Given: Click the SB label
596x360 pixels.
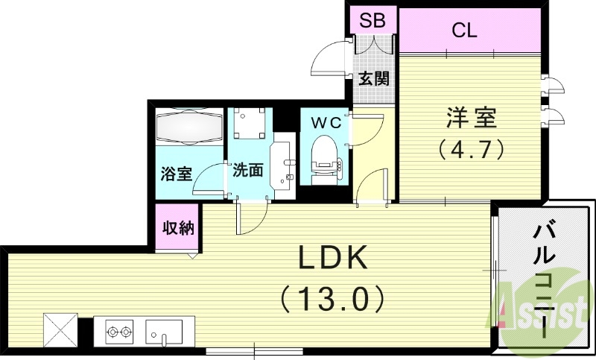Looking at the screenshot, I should pyautogui.click(x=372, y=20).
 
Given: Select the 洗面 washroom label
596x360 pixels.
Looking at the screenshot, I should pyautogui.click(x=247, y=171).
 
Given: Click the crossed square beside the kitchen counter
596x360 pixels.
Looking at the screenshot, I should pyautogui.click(x=60, y=329).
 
